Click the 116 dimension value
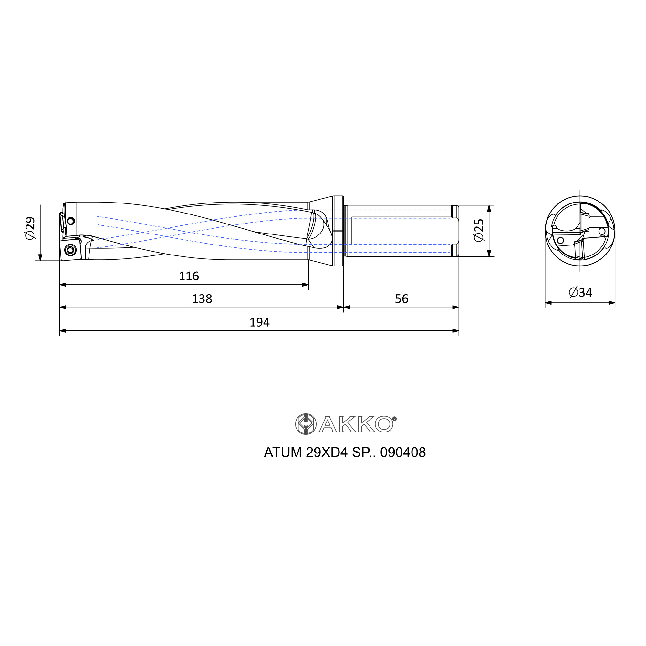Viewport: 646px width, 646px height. click(x=189, y=276)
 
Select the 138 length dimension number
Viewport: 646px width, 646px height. click(x=202, y=299)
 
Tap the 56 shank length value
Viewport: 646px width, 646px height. click(x=401, y=299)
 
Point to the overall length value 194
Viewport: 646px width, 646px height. click(x=259, y=322)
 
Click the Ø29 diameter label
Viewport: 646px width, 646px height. click(x=30, y=228)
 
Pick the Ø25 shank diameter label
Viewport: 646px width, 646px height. click(x=479, y=230)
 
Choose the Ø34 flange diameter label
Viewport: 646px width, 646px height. click(x=580, y=293)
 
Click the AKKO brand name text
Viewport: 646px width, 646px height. click(x=356, y=424)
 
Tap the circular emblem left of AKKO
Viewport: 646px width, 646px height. click(x=306, y=424)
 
